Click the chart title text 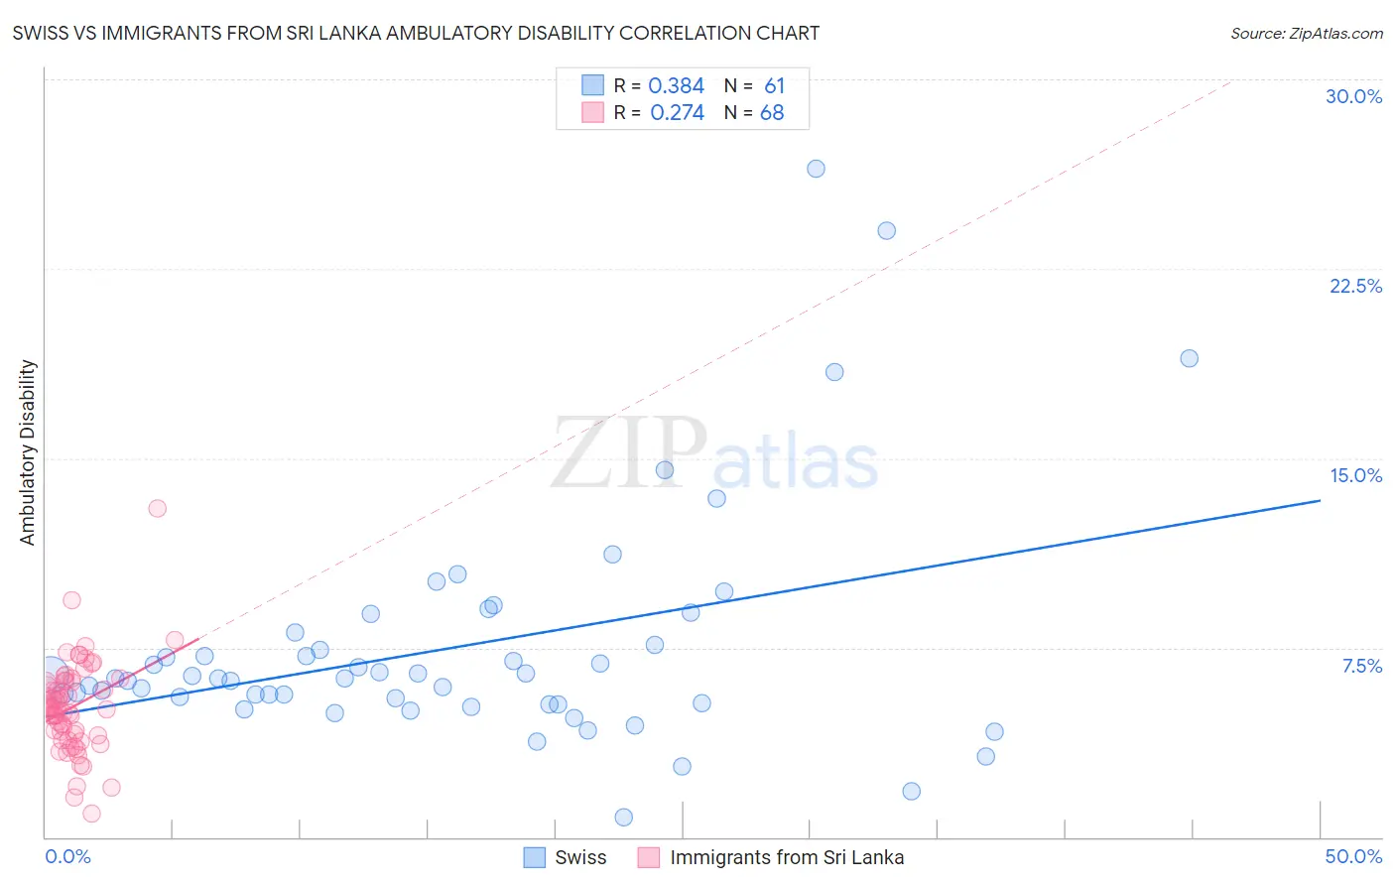tap(416, 33)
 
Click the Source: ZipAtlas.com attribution tap(1306, 33)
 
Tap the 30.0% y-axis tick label tap(1353, 96)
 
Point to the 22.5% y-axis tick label tap(1355, 286)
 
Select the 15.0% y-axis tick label tap(1355, 475)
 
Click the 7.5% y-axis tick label tap(1361, 666)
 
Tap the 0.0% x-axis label tap(67, 856)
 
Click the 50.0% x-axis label tap(1353, 856)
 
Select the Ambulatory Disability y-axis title tap(28, 452)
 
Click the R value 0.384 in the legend tap(676, 85)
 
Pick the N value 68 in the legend tap(772, 112)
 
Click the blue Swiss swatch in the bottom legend tap(535, 857)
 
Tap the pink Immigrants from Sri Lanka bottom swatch tap(649, 857)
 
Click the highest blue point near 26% tap(816, 169)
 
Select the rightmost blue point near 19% tap(1189, 358)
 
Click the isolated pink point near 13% tap(157, 508)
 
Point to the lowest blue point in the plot tap(623, 818)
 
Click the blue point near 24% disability tap(886, 231)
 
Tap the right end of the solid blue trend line tap(1320, 500)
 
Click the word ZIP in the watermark tap(628, 454)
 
